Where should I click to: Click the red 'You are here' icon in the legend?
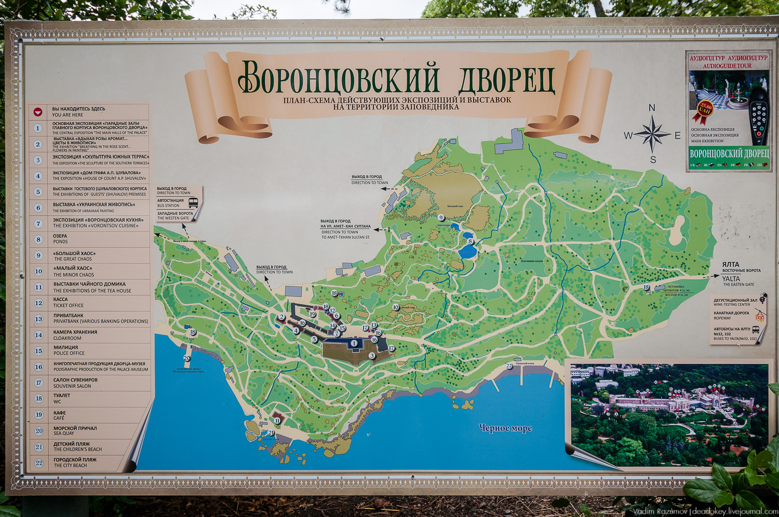click(38, 112)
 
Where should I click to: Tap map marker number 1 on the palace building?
click(354, 343)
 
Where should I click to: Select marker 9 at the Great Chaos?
click(441, 218)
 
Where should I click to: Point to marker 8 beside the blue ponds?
click(471, 241)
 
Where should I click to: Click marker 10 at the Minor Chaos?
click(396, 307)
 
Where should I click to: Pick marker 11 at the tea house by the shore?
click(278, 421)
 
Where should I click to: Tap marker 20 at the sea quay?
click(187, 358)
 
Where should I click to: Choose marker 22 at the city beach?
click(509, 366)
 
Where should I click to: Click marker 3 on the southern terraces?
click(372, 356)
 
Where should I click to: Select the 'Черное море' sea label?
click(505, 428)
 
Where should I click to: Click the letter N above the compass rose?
click(652, 108)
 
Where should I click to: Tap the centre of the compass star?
click(653, 134)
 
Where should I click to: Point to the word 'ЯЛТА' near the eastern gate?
click(731, 264)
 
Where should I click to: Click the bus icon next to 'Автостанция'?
click(193, 202)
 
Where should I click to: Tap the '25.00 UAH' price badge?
click(705, 109)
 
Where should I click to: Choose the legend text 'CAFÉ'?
click(59, 418)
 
